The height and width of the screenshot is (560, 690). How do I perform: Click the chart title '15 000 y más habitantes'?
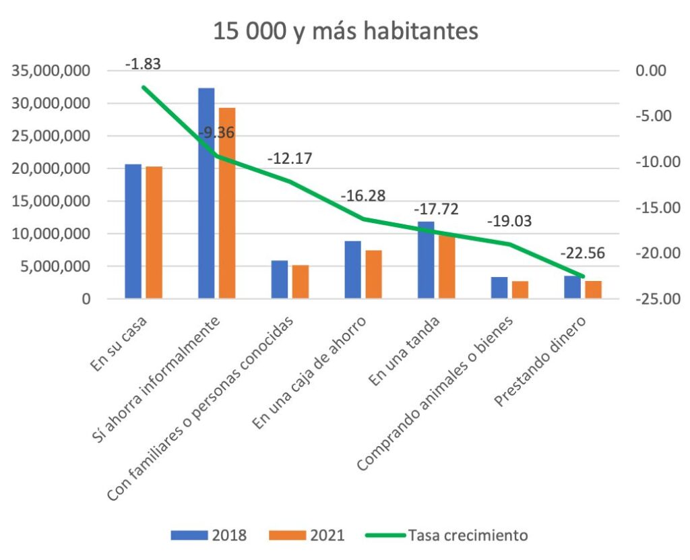(x=345, y=31)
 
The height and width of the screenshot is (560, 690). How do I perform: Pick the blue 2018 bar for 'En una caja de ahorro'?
(x=352, y=270)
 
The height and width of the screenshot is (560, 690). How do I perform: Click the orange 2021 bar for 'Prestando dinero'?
(x=593, y=290)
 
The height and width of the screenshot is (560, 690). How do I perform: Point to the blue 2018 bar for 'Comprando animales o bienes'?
(x=499, y=288)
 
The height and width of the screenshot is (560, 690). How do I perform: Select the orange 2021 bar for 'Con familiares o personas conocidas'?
(x=301, y=282)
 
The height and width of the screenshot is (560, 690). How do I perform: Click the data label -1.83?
(x=143, y=65)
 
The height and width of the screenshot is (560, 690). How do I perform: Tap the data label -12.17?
(x=290, y=160)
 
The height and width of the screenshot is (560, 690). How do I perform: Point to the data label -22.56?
(x=582, y=254)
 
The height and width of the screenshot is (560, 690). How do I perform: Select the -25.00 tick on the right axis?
(x=651, y=299)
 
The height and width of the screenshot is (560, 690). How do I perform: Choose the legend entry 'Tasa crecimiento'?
(x=466, y=536)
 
